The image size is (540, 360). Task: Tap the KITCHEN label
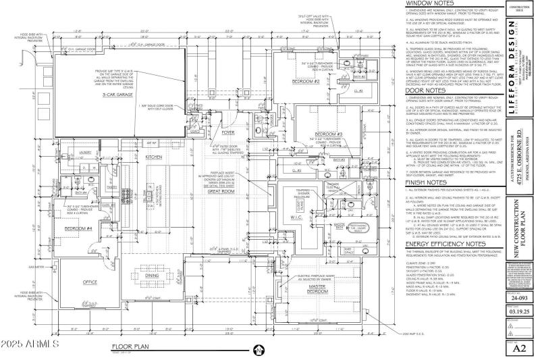[155, 156]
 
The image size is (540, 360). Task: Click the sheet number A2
[520, 349]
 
